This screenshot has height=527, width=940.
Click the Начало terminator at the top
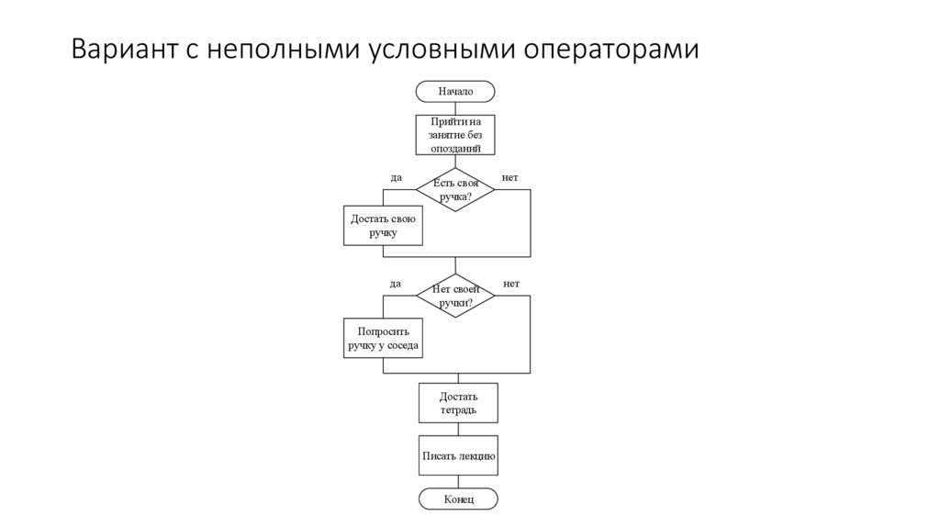coord(455,92)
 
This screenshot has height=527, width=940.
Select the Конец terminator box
coord(458,499)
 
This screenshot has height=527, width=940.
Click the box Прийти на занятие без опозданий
coord(455,134)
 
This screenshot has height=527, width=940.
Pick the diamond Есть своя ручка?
coord(455,189)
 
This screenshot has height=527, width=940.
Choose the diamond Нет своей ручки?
coord(455,296)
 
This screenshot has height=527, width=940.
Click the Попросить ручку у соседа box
coord(383,340)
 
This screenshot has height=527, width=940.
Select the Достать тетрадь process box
coord(458,403)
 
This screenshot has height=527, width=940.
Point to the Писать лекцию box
coord(458,455)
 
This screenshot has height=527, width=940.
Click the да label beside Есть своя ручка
coord(396,177)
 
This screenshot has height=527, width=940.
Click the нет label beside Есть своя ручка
coord(510,177)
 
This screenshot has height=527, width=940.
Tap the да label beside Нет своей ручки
coord(396,284)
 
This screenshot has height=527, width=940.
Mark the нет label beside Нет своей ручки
coord(511,284)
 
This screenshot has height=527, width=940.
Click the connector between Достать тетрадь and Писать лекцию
coord(458,429)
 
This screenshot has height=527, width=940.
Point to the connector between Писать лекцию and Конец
coord(458,481)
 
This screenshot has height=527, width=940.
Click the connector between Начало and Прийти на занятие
coord(455,107)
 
